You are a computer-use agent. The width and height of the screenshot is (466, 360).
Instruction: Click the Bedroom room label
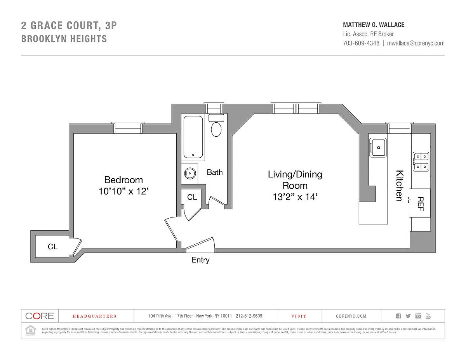(123, 180)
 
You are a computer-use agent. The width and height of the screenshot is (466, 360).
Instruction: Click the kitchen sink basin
(377, 148)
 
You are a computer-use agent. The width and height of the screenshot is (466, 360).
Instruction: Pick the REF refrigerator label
(420, 203)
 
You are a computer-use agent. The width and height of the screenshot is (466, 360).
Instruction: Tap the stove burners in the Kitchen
(421, 162)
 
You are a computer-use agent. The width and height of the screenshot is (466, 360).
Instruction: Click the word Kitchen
(399, 186)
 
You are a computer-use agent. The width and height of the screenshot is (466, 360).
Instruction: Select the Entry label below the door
(200, 260)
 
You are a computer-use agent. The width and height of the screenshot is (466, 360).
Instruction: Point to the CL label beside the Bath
(192, 197)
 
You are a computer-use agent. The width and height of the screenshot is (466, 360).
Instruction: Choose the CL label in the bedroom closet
(53, 247)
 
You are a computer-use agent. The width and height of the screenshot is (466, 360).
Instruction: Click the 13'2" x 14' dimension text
(295, 197)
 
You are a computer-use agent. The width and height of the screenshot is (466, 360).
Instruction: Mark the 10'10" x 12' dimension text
(123, 191)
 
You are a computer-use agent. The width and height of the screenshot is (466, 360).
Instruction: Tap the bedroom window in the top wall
(127, 128)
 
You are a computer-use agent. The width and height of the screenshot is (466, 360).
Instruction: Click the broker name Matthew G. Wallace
(374, 25)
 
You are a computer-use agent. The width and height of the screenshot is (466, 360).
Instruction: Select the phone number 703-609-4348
(361, 43)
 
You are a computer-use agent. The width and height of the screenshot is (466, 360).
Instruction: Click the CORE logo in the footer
(40, 316)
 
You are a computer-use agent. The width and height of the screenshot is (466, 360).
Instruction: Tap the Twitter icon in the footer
(408, 316)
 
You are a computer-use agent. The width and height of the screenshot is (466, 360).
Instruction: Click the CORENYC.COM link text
(351, 316)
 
